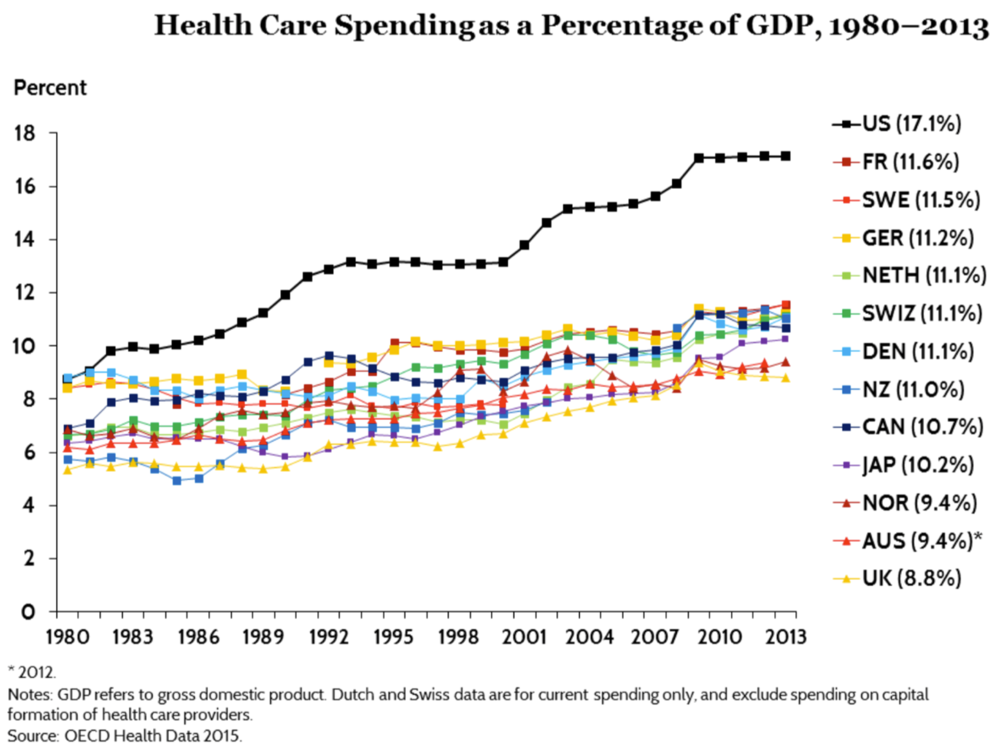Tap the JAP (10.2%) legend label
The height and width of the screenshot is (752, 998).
click(918, 465)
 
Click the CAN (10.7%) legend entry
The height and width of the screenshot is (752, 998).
click(922, 427)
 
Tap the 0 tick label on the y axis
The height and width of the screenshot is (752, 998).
click(28, 612)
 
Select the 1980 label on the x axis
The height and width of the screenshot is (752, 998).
click(67, 637)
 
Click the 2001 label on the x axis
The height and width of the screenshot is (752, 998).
click(524, 637)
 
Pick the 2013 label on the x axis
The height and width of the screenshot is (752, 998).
click(785, 637)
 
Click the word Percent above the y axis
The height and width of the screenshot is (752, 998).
click(50, 88)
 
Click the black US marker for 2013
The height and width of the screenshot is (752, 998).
click(785, 156)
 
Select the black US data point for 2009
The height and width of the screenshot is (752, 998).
click(699, 158)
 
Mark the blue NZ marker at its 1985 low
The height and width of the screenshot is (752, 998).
click(176, 481)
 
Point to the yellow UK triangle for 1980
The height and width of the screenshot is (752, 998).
click(67, 470)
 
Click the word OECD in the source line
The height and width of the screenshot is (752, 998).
click(87, 735)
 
